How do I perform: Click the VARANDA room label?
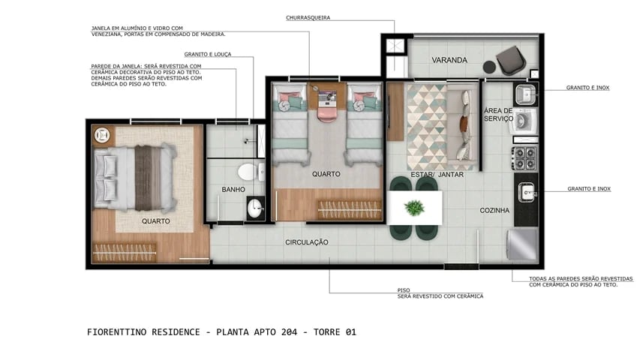449,60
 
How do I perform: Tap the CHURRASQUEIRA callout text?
308,17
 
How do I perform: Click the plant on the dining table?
413,206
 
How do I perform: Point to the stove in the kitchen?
524,158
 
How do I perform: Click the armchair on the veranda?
511,59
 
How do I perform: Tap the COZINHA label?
494,211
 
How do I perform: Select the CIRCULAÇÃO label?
307,242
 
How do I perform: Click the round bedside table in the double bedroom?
102,135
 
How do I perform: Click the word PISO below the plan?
404,289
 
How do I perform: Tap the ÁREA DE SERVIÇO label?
498,115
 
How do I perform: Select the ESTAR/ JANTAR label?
437,175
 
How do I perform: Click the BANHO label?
233,190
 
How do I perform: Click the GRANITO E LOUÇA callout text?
208,54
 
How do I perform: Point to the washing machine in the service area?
524,121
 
